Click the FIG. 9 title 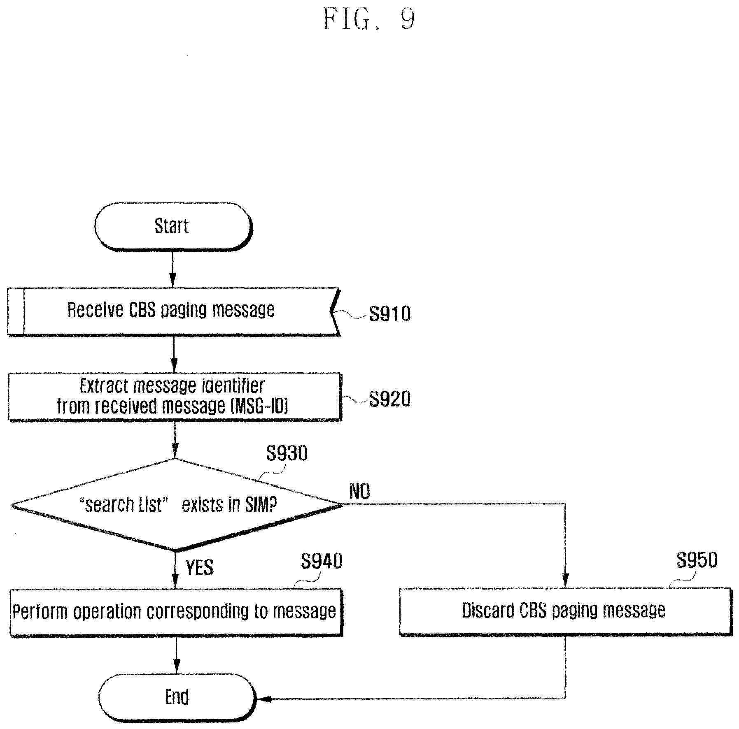click(369, 19)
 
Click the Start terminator click(173, 226)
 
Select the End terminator click(177, 697)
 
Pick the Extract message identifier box click(175, 397)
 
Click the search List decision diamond click(176, 505)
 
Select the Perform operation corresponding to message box click(176, 612)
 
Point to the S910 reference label click(390, 313)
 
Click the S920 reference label click(390, 399)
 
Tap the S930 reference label click(287, 453)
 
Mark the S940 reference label click(322, 561)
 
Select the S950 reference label click(697, 560)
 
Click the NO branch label click(359, 491)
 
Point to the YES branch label click(200, 568)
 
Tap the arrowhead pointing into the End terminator click(263, 698)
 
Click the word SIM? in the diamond click(261, 504)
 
